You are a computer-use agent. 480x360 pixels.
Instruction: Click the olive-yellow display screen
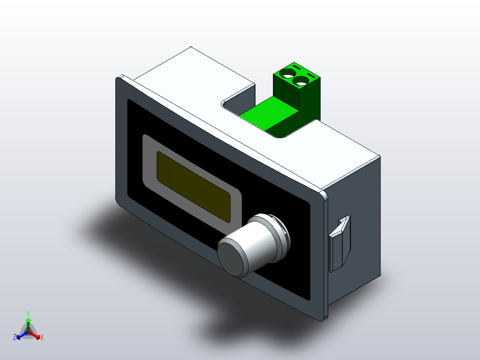pos(193,187)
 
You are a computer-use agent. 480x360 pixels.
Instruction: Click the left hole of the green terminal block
pos(287,74)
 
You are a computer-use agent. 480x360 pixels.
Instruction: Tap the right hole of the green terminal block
pos(301,82)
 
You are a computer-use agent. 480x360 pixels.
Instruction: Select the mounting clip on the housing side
pos(340,244)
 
